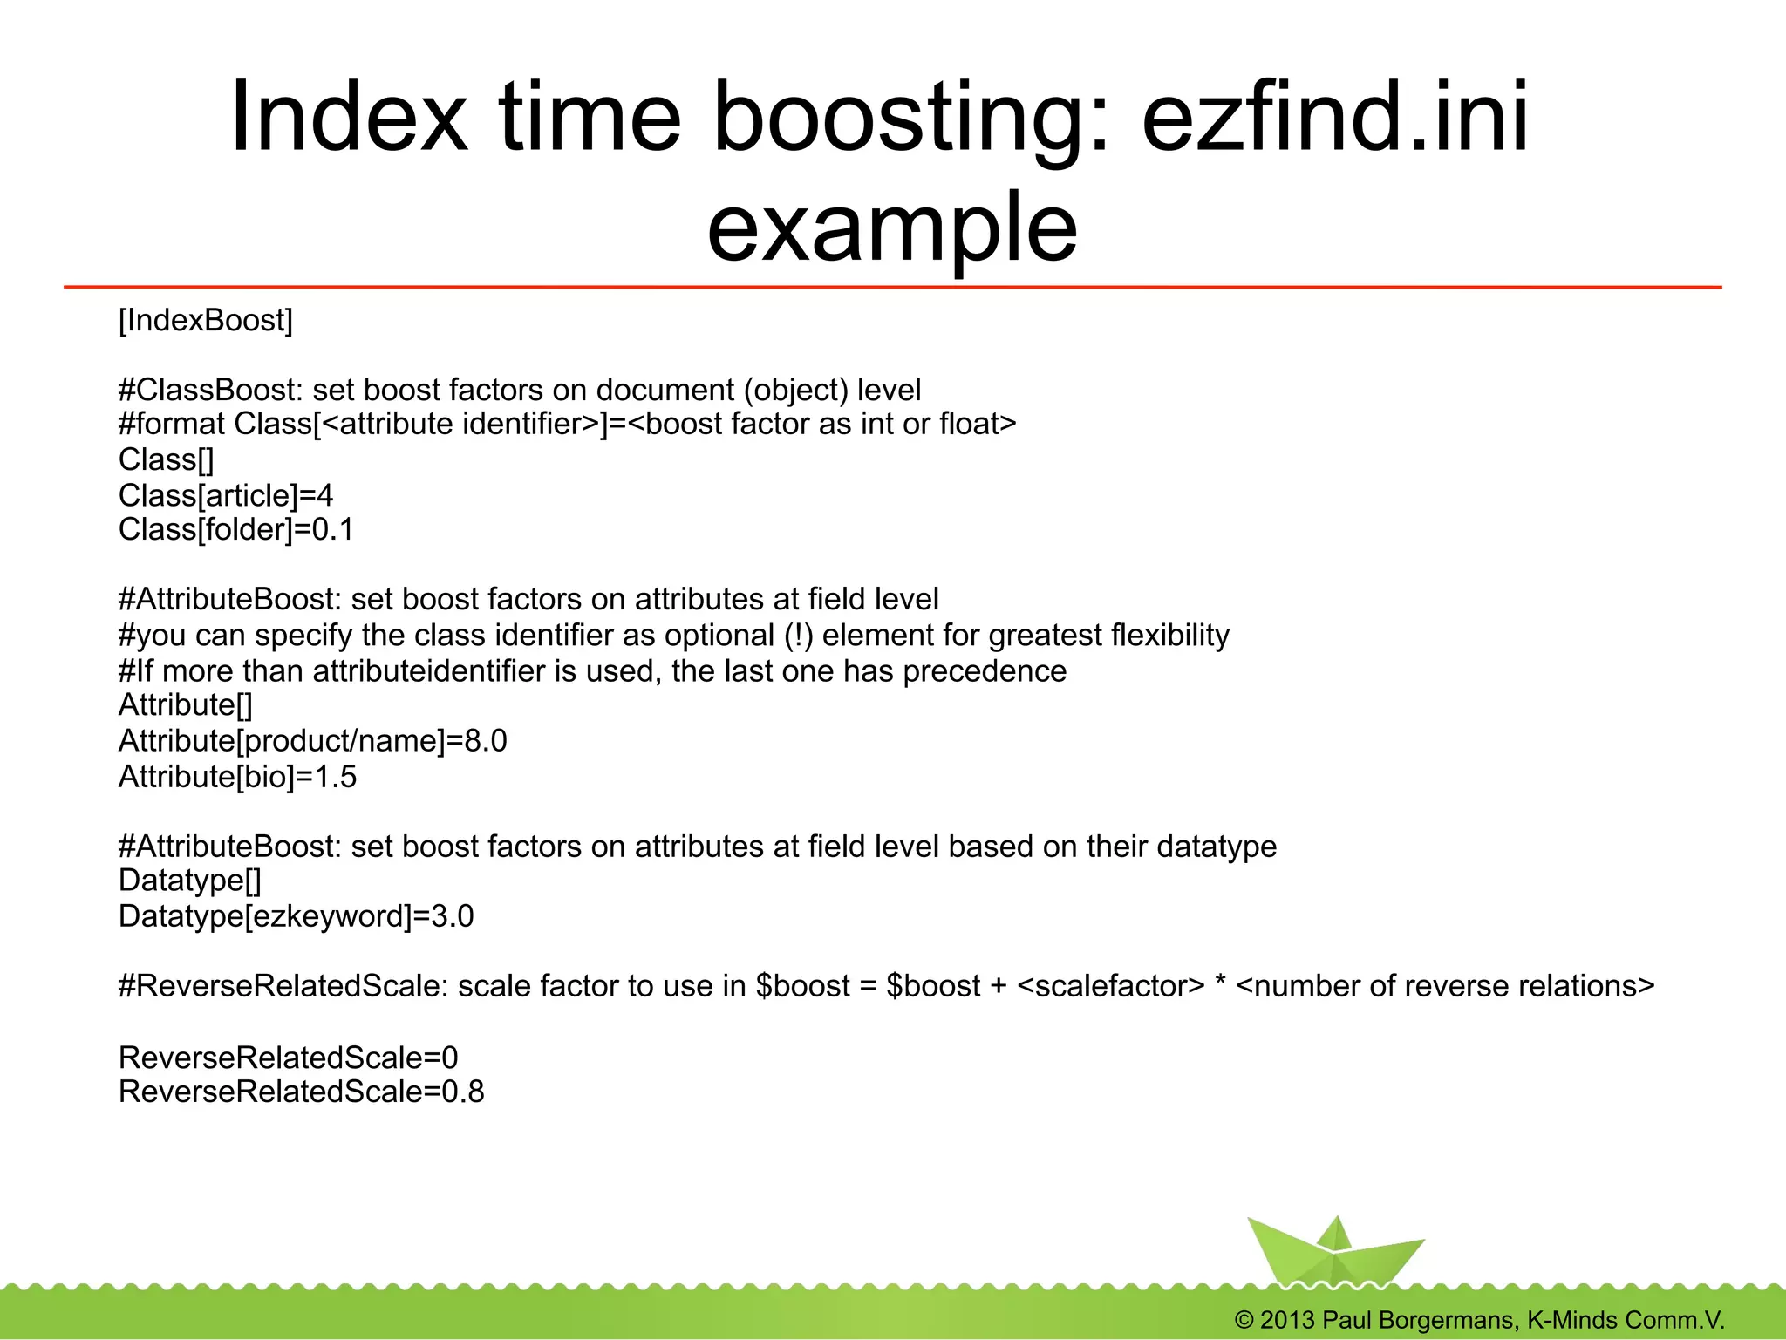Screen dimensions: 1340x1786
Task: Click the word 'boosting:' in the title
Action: pos(912,119)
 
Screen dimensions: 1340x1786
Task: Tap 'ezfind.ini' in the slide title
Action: pos(1335,119)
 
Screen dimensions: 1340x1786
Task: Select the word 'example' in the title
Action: pos(892,228)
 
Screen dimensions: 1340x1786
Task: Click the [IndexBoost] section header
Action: pos(206,321)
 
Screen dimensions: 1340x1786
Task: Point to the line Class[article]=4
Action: pos(226,495)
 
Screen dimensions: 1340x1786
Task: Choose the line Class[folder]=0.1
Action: pos(236,529)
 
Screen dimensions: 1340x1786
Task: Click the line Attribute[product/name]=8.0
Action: pos(312,740)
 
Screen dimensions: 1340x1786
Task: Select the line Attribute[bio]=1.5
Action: pos(237,776)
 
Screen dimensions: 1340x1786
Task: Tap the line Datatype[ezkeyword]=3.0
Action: pos(296,916)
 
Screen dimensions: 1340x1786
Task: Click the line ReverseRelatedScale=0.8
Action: pos(301,1092)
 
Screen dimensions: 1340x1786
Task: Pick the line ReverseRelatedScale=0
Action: pos(288,1058)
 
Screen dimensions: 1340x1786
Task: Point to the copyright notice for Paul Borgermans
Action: pos(1479,1320)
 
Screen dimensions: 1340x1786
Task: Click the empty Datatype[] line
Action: pos(190,881)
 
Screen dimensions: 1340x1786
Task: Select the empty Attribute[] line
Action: pos(186,704)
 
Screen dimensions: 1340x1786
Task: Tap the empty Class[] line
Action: pos(166,459)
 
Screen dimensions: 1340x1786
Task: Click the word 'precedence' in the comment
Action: pos(984,671)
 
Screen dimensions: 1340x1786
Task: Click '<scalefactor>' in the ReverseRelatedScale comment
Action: pos(1110,986)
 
